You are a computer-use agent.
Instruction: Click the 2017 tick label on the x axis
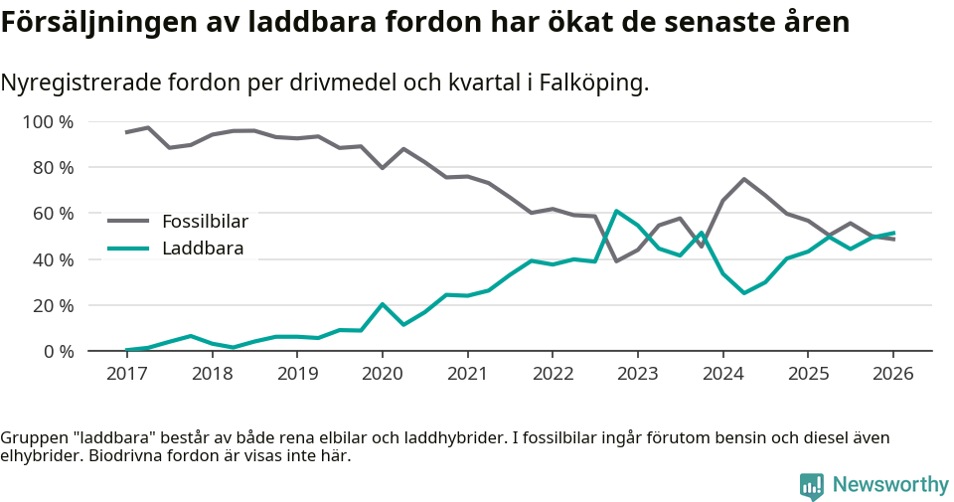pos(126,374)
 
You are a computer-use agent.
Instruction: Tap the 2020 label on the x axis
pos(382,374)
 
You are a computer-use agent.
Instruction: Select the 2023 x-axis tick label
pos(637,374)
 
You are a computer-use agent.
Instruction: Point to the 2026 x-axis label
pos(892,374)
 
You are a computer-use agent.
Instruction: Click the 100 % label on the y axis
pos(49,122)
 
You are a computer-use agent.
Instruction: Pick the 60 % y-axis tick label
pos(53,214)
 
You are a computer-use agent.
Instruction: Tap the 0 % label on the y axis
pos(58,351)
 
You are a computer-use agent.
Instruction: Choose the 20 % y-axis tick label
pos(53,305)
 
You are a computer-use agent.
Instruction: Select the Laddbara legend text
pos(203,249)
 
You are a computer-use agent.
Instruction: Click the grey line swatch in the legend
pos(128,221)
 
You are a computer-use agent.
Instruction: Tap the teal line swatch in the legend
pos(128,249)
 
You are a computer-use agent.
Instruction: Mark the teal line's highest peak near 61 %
pos(616,211)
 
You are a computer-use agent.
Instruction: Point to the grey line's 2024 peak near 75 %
pos(743,179)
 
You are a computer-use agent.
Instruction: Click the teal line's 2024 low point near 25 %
pos(743,293)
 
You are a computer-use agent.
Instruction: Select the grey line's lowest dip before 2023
pos(616,261)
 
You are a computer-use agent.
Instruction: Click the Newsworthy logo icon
pos(811,485)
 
